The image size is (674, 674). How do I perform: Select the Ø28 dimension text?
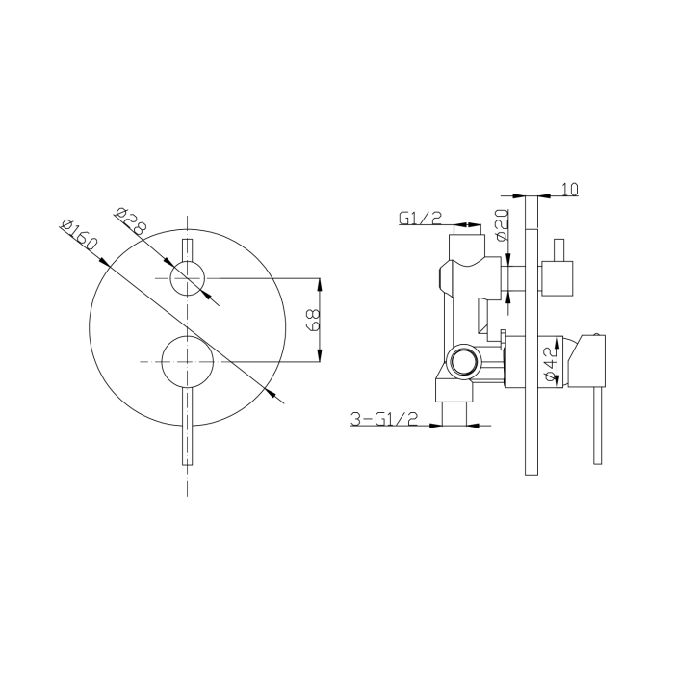click(129, 220)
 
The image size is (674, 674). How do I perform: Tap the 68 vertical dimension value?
click(314, 320)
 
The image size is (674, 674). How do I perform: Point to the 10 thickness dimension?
click(570, 190)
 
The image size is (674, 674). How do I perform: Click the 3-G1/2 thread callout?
click(384, 419)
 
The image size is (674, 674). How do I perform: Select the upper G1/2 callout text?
click(421, 219)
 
